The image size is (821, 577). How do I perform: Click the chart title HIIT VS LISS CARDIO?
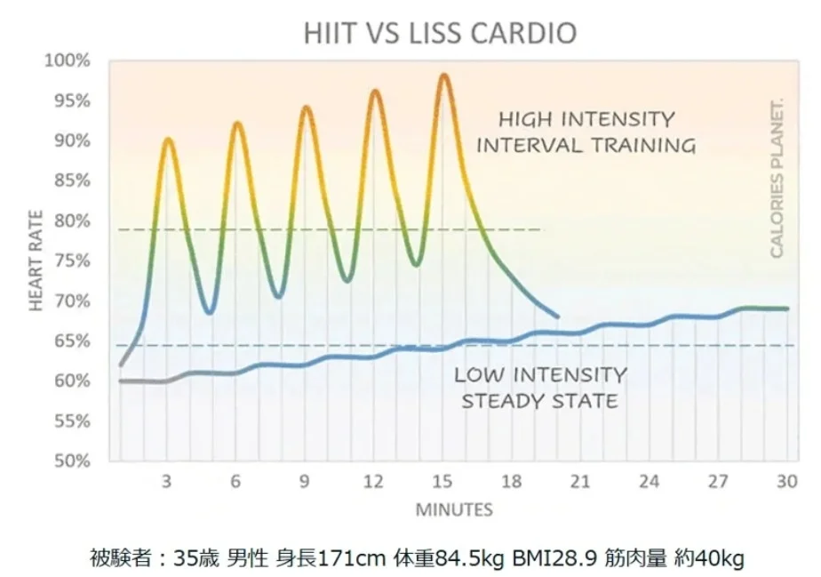point(440,34)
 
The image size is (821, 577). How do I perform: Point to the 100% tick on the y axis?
point(68,61)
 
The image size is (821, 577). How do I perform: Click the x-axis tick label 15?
point(442,482)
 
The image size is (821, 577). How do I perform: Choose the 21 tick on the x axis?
point(580,482)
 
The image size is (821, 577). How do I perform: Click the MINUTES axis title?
point(453,510)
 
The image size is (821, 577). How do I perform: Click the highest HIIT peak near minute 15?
point(444,76)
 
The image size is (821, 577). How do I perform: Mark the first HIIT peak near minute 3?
point(168,140)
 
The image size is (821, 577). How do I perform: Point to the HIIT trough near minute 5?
point(209,312)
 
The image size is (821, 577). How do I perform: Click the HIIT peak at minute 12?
point(375,91)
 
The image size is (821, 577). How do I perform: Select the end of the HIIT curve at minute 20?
point(557,316)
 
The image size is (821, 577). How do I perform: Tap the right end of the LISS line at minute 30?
point(786,309)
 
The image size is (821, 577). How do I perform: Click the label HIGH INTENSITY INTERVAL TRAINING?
point(586,132)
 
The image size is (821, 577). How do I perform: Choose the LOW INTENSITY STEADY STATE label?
point(539,388)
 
